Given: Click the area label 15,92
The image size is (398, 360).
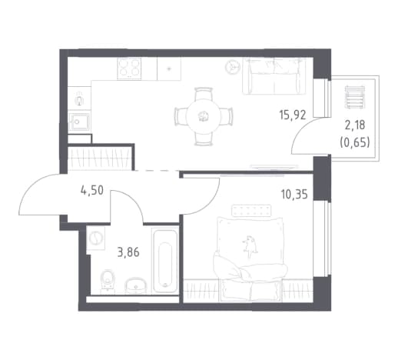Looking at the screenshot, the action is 293,115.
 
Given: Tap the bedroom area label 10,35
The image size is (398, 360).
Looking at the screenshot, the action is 294,195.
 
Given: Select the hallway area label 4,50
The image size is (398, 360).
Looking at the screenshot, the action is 92,191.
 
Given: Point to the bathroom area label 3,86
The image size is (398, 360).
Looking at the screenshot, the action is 128,252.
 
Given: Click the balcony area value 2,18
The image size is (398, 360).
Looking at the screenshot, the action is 355,125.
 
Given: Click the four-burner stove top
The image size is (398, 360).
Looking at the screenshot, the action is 129,68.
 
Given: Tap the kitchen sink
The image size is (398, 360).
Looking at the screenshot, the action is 79,122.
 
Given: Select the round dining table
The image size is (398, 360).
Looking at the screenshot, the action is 204,117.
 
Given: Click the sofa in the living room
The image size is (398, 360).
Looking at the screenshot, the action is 274,76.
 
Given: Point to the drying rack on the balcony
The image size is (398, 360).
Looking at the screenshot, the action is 354,96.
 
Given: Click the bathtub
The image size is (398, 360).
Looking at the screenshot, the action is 165,262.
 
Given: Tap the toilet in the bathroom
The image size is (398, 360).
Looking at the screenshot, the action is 108,281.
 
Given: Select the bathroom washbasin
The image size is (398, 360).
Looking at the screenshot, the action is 135,285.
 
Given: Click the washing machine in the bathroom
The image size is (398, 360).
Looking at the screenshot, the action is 96,238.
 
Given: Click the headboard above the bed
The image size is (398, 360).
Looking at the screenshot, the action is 251,210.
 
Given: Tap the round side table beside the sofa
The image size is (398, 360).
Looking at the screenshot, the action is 232,67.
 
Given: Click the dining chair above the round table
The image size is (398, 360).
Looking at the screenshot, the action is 204,93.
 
